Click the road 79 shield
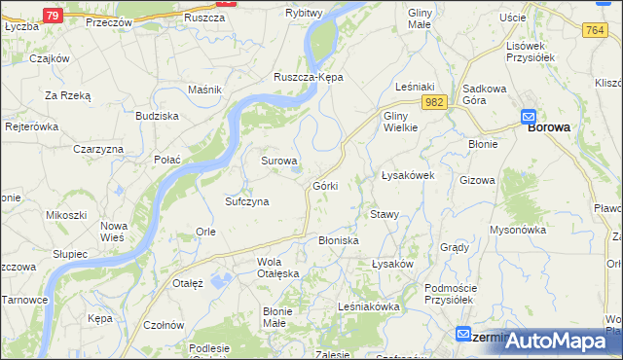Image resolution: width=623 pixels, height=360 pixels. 54,16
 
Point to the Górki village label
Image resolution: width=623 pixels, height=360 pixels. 325,185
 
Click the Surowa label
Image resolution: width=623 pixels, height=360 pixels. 278,160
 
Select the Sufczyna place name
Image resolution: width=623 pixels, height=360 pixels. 246,201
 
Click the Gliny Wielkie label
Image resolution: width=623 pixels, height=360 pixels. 400,121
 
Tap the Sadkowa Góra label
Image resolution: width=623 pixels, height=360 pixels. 487,93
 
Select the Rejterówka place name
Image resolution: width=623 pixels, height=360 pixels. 33,126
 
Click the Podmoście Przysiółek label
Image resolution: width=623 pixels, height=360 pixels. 456,293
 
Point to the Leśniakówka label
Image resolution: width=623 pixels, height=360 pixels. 369,306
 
